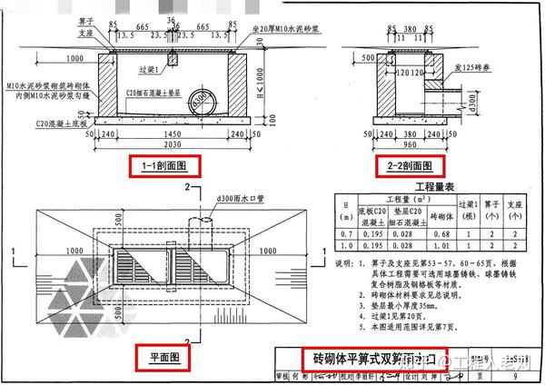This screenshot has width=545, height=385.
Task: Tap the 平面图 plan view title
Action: coord(159,360)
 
